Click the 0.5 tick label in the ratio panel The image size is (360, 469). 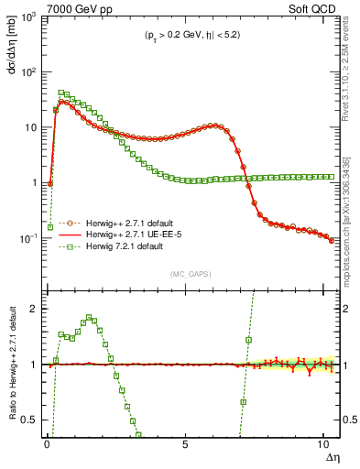coord(30,420)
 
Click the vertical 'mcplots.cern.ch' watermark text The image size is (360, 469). coord(347,220)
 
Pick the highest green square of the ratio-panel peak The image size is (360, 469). coord(89,318)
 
